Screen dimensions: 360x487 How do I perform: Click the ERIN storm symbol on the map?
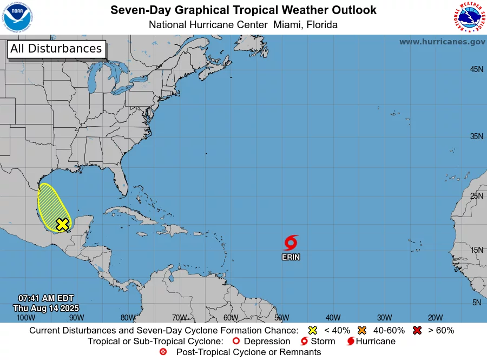pos(291,243)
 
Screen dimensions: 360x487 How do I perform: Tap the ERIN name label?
pos(291,257)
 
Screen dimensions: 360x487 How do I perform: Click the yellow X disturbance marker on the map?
pos(63,224)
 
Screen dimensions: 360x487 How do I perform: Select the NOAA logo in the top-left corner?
pos(18,17)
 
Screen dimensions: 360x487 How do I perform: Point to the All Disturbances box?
pos(56,49)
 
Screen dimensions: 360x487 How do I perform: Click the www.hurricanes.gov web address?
pos(442,42)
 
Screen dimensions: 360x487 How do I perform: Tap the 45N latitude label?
pos(476,69)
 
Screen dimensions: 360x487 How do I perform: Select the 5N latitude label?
pos(477,303)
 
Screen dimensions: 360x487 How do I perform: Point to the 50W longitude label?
pos(281,318)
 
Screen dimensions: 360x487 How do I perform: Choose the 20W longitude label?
pos(436,318)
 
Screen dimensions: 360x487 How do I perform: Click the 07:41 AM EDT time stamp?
pos(45,298)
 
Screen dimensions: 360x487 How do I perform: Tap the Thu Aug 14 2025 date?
pos(45,307)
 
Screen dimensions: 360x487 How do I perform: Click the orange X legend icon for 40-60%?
pos(362,330)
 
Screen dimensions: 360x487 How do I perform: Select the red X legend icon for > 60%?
pos(417,330)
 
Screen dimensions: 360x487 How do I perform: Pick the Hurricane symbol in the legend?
pos(351,341)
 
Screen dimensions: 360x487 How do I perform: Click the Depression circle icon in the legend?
pos(235,341)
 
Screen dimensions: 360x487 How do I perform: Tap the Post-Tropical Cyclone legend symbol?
pos(163,352)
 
